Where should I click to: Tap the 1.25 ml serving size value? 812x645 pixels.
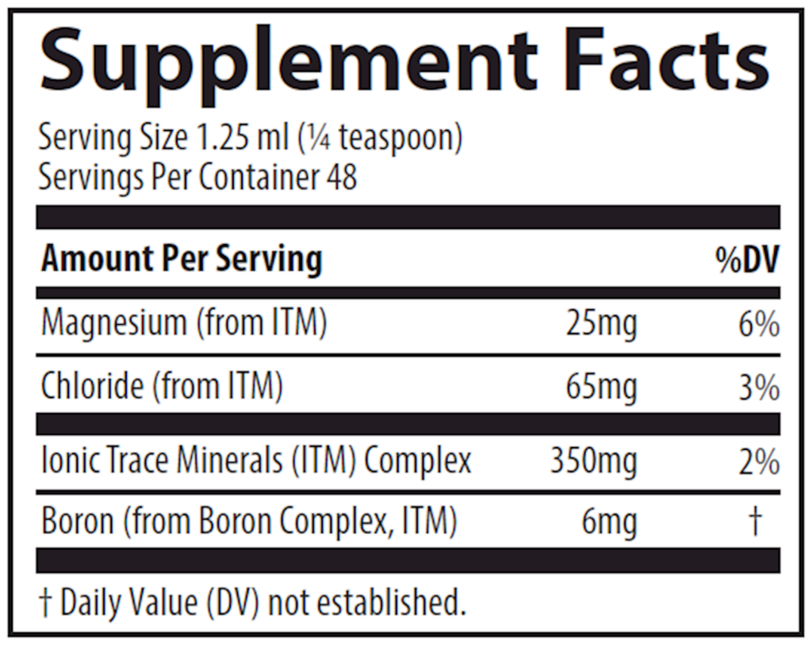coord(244,139)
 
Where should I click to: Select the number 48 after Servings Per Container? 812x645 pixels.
coord(342,177)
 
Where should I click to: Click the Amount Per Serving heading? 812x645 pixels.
coord(182,259)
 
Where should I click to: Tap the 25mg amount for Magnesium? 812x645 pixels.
coord(602,325)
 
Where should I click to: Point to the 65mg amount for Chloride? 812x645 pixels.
coord(602,388)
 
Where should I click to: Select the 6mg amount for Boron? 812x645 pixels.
coord(609,522)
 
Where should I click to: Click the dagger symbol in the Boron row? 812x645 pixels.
coord(756,521)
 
